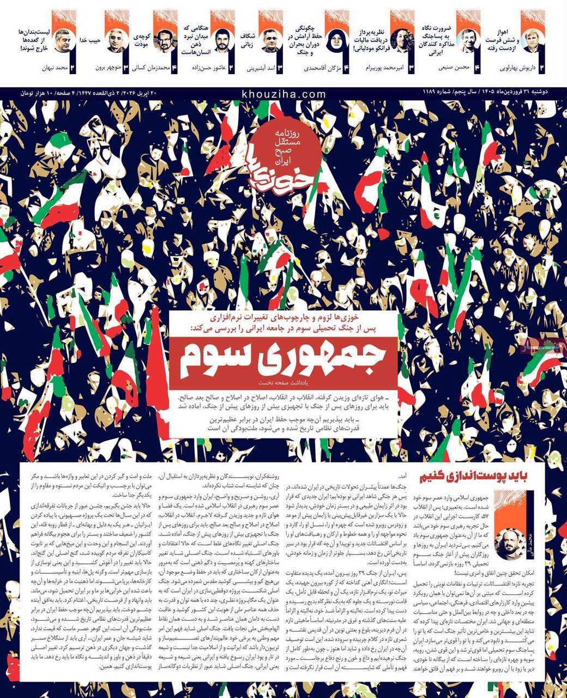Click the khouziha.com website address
(283, 94)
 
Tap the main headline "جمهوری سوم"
(283, 358)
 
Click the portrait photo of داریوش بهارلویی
(532, 41)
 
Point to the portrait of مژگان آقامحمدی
(337, 41)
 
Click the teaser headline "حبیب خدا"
(91, 40)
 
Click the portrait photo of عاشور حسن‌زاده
(222, 41)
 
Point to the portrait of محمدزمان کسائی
(165, 41)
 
